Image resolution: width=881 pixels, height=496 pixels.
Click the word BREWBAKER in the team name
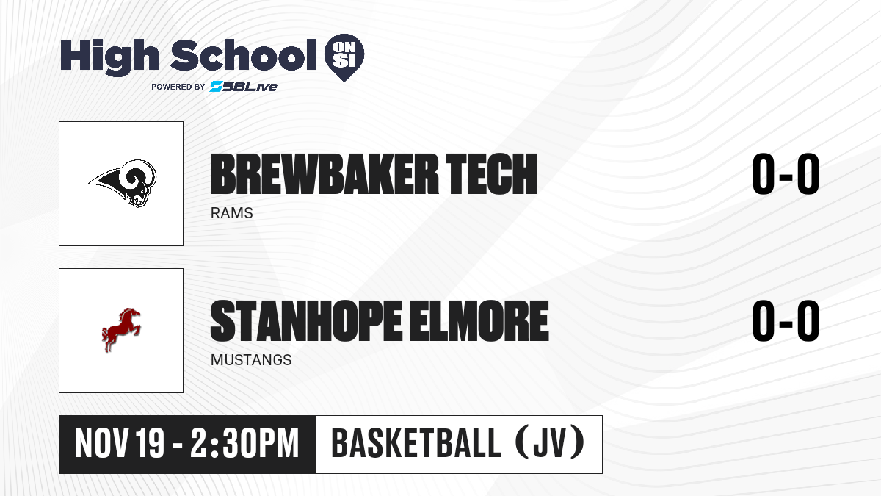click(324, 174)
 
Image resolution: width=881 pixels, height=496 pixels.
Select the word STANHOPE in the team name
click(306, 321)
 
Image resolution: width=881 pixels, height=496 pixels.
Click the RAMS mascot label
click(232, 213)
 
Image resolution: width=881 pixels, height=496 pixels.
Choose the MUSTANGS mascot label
click(251, 360)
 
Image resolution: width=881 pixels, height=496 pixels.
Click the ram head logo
click(123, 183)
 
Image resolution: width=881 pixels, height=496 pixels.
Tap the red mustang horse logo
click(121, 330)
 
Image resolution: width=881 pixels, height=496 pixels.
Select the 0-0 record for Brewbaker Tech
click(786, 174)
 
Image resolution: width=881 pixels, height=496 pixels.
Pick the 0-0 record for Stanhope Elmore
click(786, 321)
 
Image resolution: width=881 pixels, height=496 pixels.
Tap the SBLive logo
click(244, 87)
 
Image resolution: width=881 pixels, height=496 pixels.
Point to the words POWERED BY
click(178, 87)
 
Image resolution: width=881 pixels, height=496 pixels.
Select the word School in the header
click(244, 55)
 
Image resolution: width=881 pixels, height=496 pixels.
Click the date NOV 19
click(120, 443)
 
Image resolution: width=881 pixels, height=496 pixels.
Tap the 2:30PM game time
click(244, 443)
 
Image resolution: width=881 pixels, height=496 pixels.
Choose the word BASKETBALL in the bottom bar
click(416, 443)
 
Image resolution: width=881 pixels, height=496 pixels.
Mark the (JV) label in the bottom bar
click(550, 443)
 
